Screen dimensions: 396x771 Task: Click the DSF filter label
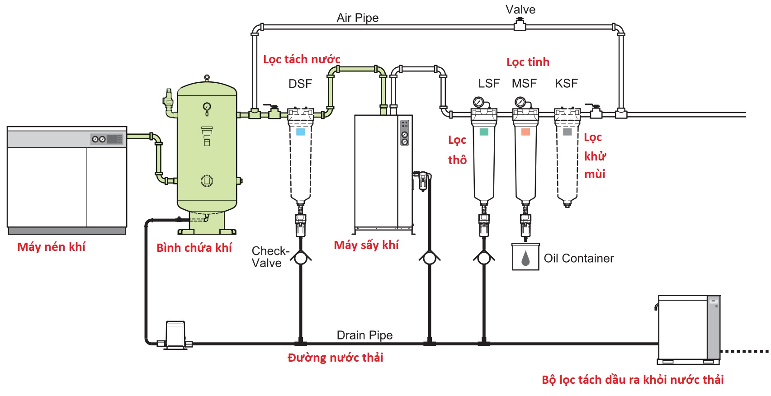click(300, 84)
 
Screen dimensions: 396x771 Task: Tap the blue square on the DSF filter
click(300, 132)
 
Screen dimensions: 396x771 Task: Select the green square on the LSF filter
click(484, 132)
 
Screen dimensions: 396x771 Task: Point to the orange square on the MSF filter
click(525, 132)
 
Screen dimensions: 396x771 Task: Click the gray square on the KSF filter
click(567, 132)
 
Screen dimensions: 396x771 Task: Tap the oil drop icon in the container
click(525, 258)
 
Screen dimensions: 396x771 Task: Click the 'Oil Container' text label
click(579, 258)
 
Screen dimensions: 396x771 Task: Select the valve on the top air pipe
click(520, 26)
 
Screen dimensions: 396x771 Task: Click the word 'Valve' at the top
click(520, 9)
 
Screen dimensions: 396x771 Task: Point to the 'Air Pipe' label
click(358, 18)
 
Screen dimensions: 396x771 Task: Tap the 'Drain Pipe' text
click(364, 335)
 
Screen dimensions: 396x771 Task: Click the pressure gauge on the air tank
click(207, 107)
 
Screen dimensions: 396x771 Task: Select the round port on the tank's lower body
click(207, 181)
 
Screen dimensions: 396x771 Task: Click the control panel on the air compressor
click(107, 139)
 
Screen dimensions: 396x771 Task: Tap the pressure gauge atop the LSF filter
click(478, 102)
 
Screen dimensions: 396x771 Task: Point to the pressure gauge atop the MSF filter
click(520, 102)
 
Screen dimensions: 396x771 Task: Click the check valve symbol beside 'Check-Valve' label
click(301, 258)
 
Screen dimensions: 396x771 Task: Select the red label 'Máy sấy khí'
click(366, 245)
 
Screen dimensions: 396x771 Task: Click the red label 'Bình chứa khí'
click(194, 248)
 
